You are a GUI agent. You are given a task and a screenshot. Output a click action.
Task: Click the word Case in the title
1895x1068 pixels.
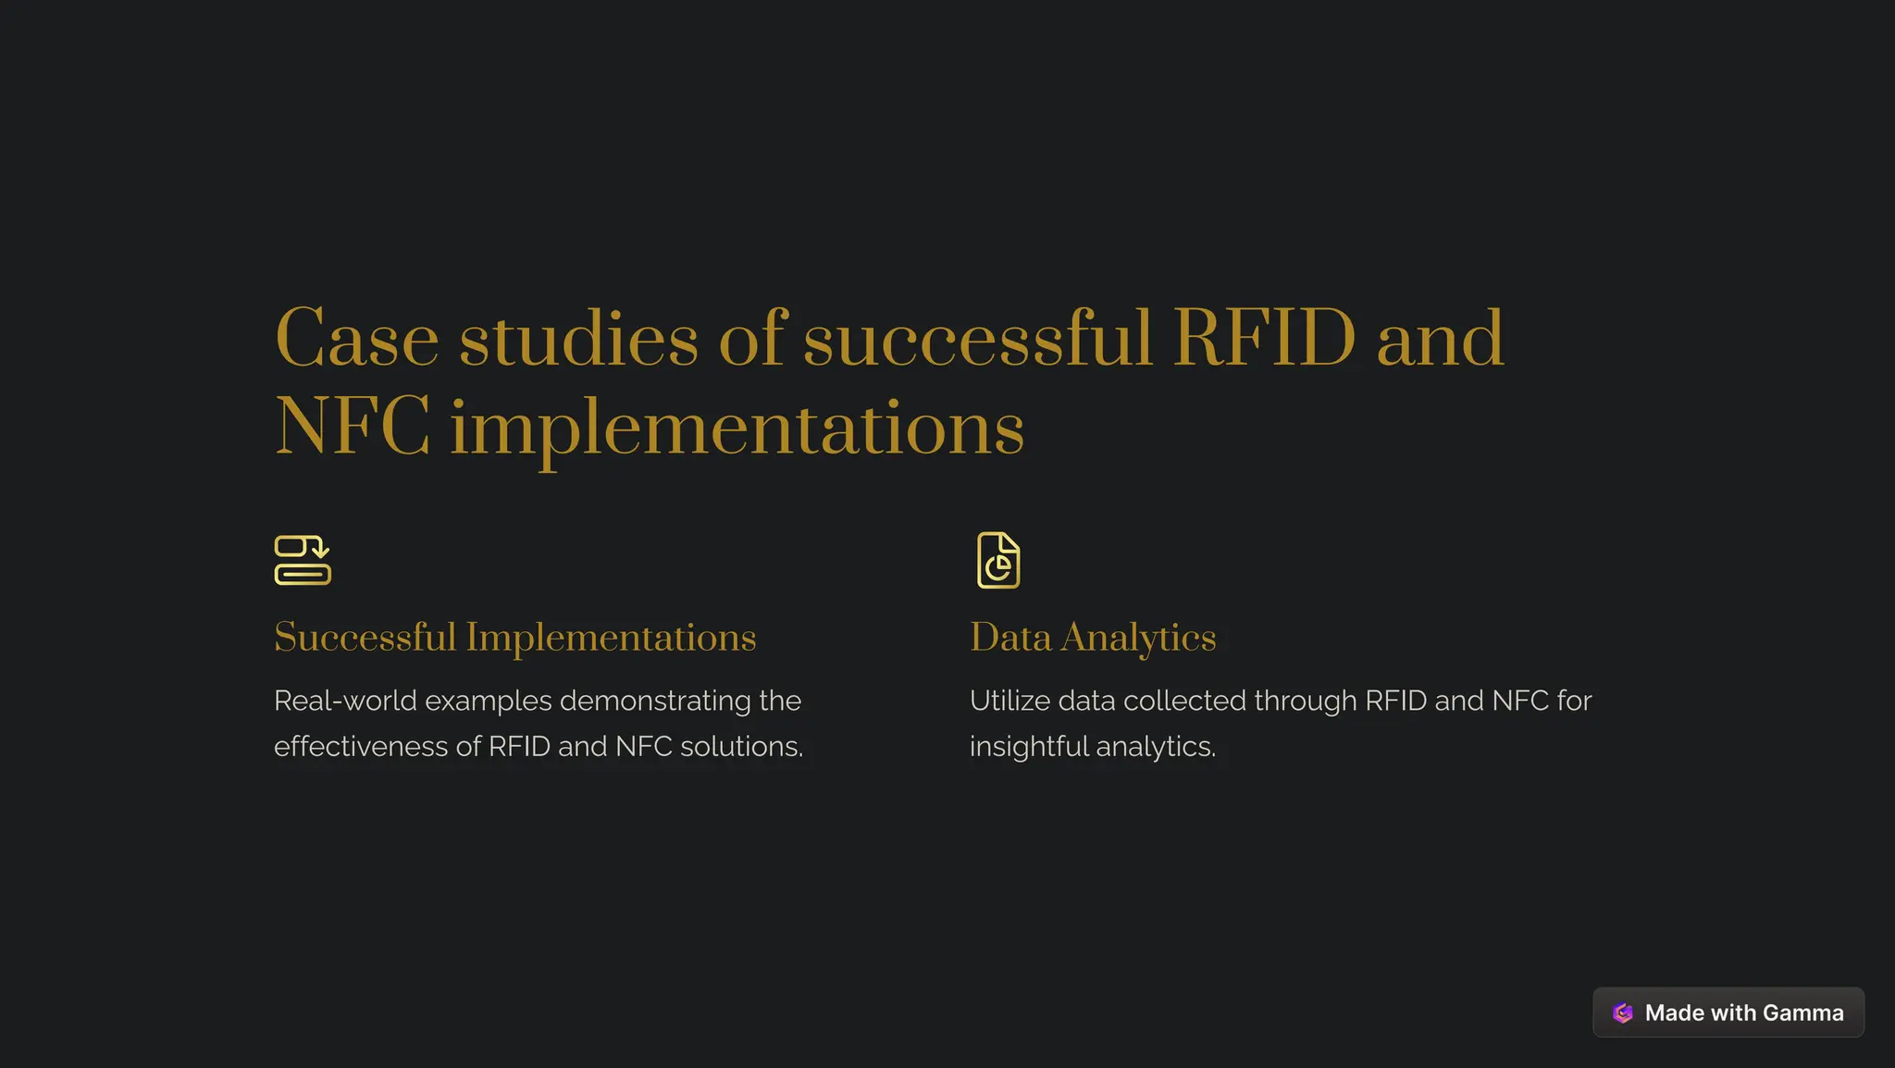(x=356, y=340)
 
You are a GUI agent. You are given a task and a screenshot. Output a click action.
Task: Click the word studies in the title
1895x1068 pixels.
(x=578, y=340)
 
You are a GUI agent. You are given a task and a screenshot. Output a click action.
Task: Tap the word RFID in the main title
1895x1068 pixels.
(x=1264, y=340)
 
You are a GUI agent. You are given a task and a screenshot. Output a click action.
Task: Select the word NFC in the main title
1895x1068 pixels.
(x=353, y=428)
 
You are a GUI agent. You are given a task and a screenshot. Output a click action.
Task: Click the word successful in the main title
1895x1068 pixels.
(x=978, y=340)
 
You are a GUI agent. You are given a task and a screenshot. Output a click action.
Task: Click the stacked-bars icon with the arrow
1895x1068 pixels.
(x=303, y=560)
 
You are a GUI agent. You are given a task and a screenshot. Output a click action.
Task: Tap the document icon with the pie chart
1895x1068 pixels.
(x=998, y=560)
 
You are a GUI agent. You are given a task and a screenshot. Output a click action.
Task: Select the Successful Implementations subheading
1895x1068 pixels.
(x=515, y=638)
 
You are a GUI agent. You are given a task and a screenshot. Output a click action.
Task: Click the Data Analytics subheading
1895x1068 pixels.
(x=1093, y=638)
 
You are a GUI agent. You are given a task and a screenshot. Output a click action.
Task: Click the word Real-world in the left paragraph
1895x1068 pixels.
(x=345, y=701)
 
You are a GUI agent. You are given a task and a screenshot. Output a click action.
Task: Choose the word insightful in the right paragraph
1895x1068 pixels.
(x=1029, y=746)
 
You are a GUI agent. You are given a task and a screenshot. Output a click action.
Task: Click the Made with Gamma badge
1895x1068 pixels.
(x=1728, y=1012)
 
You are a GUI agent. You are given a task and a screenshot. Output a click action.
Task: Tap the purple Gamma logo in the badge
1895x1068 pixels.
(x=1622, y=1012)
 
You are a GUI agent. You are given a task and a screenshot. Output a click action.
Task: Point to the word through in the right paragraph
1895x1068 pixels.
(x=1305, y=702)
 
